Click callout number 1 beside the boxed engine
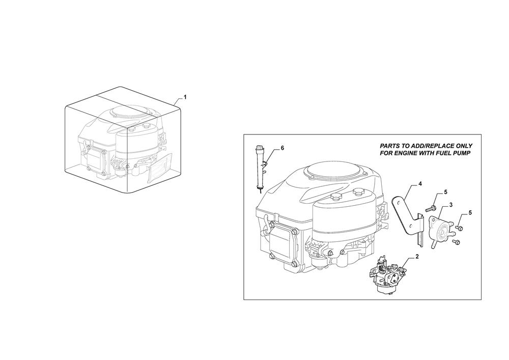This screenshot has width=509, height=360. pyautogui.click(x=185, y=97)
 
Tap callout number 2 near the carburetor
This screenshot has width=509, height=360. pyautogui.click(x=417, y=257)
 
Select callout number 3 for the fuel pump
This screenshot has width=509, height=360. pyautogui.click(x=451, y=205)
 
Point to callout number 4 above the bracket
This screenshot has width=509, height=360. pyautogui.click(x=420, y=184)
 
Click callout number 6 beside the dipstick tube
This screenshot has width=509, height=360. pyautogui.click(x=282, y=148)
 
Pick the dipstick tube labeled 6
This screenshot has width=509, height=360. pyautogui.click(x=260, y=169)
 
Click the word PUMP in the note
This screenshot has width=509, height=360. pyautogui.click(x=461, y=153)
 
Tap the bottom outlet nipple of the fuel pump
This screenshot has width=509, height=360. pyautogui.click(x=433, y=246)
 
